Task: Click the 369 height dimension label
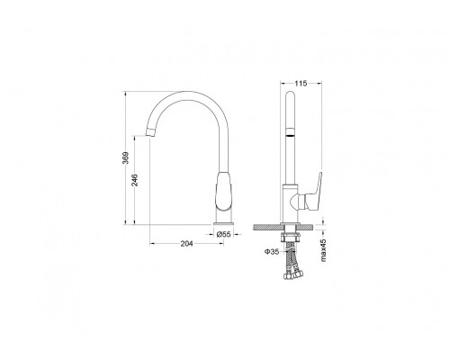click(x=126, y=158)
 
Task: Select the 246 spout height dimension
click(x=135, y=180)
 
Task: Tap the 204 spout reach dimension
click(x=186, y=244)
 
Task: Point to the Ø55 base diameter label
click(x=224, y=234)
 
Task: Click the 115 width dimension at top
click(x=301, y=84)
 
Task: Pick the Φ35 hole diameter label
click(x=272, y=252)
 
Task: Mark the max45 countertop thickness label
click(x=323, y=250)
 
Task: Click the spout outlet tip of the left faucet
click(x=150, y=132)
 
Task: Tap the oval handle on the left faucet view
click(x=224, y=191)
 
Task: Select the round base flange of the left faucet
click(x=224, y=223)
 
